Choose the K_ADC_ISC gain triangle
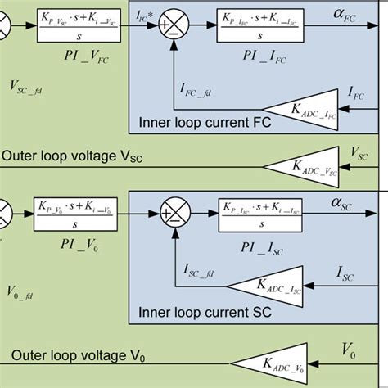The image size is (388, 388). [x=262, y=284]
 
